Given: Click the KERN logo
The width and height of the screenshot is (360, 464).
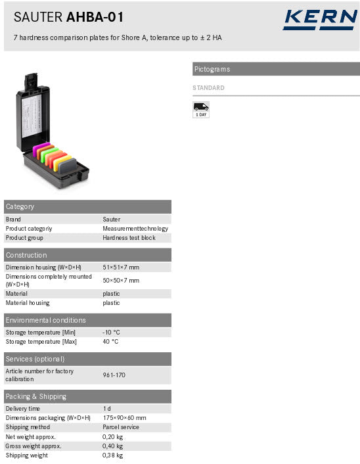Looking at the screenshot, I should coord(319,20).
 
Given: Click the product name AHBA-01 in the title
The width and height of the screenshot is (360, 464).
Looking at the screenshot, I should coord(95,18).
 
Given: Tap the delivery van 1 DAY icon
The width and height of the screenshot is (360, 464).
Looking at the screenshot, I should coord(201,109).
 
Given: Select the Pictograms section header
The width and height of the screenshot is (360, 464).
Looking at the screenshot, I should coord(212,69).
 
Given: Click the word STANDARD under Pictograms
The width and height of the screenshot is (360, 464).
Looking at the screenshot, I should coord(208,88).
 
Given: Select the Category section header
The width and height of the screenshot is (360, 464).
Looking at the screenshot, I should coord(20,206).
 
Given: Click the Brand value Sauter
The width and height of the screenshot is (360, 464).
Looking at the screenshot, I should coord(112,220).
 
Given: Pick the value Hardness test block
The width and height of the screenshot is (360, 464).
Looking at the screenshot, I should coord(129,238).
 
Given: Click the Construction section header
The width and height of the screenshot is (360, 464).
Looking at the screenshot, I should coord(26,255).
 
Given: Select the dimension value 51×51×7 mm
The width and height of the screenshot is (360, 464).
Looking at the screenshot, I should coord(121,267).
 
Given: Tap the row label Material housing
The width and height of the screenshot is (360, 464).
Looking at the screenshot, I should coord(28,303).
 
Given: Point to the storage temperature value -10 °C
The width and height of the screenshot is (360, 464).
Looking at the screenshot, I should coord(111,333).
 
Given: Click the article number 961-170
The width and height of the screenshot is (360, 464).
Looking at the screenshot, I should coord(114,375).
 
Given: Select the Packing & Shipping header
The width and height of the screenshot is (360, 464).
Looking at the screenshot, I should coord(36,396).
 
